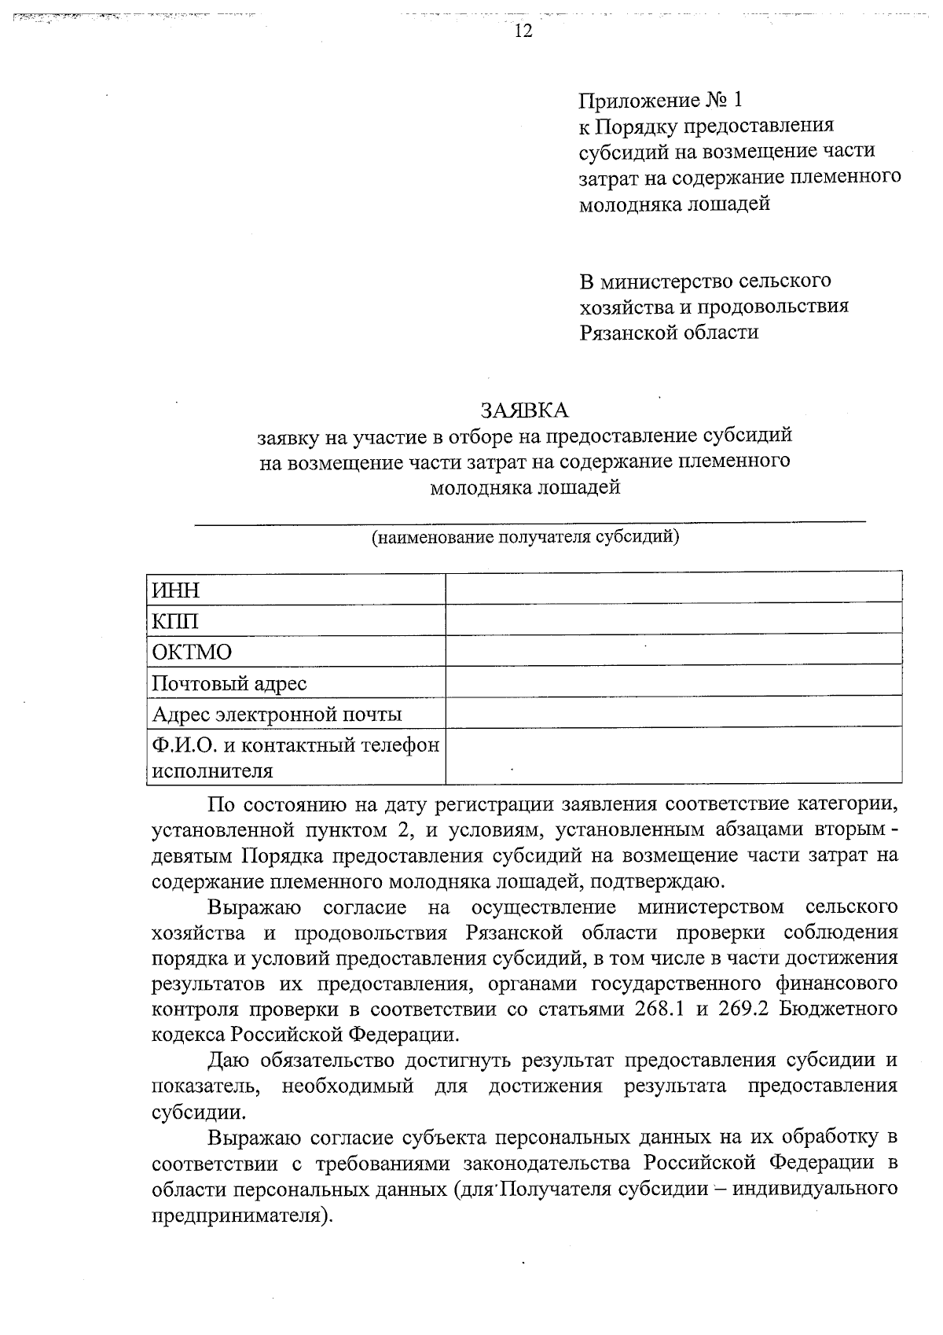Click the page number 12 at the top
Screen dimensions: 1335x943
pos(523,31)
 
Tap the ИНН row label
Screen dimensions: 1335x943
pos(176,590)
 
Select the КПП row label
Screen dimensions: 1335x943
pos(175,621)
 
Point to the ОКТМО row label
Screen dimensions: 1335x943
pos(192,652)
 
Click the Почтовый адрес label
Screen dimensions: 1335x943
pos(229,683)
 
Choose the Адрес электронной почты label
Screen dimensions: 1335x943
pos(277,714)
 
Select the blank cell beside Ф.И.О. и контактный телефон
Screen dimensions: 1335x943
pos(673,756)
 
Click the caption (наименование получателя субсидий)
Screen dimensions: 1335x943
pos(525,538)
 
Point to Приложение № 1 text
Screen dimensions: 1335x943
pos(660,101)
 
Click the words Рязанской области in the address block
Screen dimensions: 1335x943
pos(669,332)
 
